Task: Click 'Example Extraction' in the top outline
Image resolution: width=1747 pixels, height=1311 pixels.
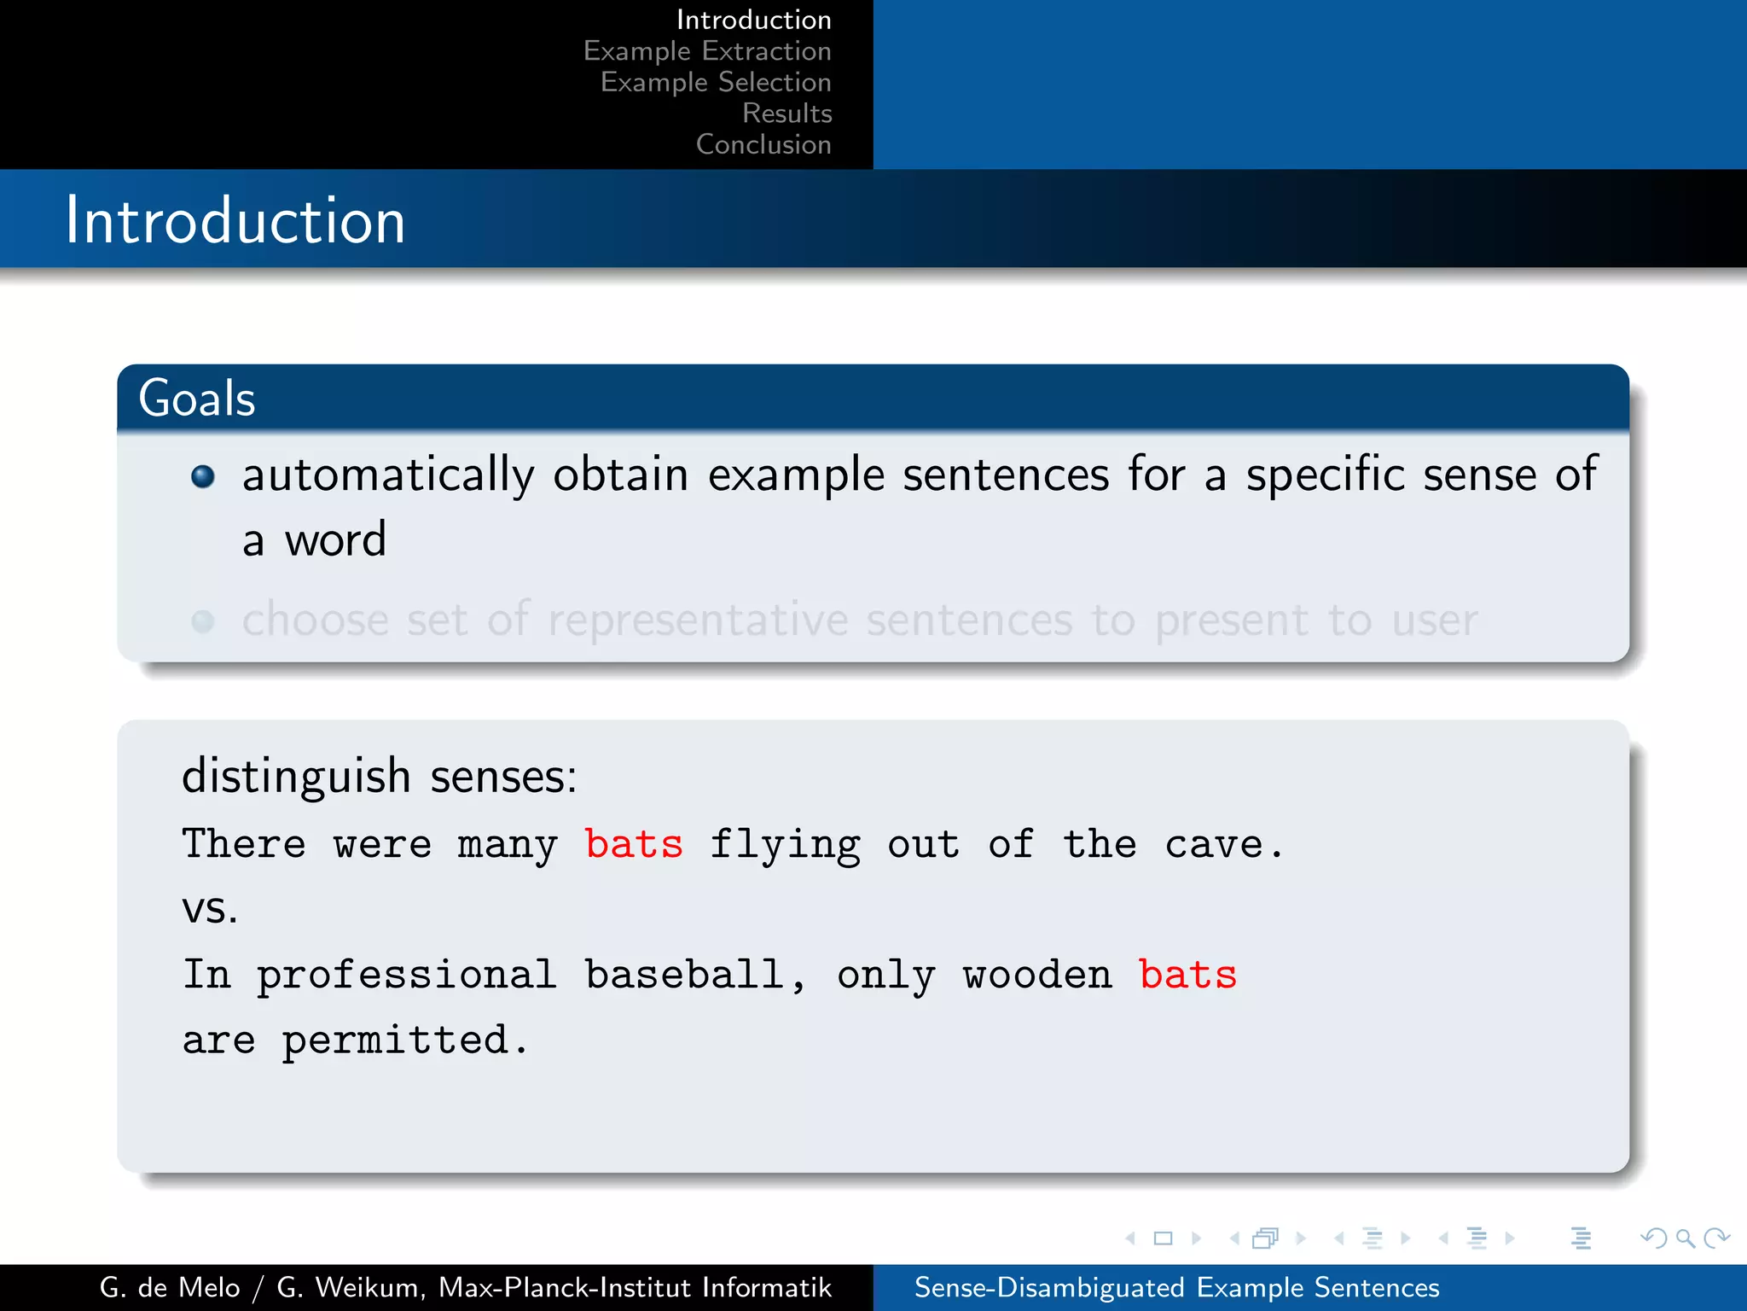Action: (x=706, y=51)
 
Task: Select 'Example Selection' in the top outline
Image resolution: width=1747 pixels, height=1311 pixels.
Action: (x=715, y=82)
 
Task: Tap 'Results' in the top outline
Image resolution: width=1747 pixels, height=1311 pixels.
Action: (x=786, y=113)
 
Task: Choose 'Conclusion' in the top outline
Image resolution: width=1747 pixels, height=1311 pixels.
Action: (x=763, y=144)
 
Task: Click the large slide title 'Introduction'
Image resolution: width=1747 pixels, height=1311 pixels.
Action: (x=235, y=220)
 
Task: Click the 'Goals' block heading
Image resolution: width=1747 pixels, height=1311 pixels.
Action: (x=197, y=398)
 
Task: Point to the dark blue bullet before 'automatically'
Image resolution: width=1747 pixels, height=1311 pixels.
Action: (x=203, y=475)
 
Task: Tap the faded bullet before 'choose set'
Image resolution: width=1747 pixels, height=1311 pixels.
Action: (x=203, y=621)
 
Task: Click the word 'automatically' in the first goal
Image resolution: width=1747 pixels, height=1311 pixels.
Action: (x=388, y=475)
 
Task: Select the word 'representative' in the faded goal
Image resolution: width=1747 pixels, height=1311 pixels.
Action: (x=698, y=620)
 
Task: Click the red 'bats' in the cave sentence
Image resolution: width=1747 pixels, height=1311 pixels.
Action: (x=634, y=844)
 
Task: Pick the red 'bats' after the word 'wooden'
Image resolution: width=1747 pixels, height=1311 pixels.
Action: (x=1187, y=975)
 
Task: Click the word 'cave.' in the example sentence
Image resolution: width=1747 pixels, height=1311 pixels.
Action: (x=1223, y=844)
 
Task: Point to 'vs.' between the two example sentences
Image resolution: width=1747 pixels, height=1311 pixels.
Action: (x=210, y=908)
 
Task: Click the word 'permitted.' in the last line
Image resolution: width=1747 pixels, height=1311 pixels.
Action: (x=404, y=1040)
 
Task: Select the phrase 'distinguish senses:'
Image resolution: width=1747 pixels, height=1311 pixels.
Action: (x=380, y=777)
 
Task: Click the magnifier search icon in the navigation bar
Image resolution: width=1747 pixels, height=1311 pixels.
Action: (x=1685, y=1238)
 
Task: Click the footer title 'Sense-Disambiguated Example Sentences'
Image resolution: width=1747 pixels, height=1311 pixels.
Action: (x=1176, y=1287)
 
